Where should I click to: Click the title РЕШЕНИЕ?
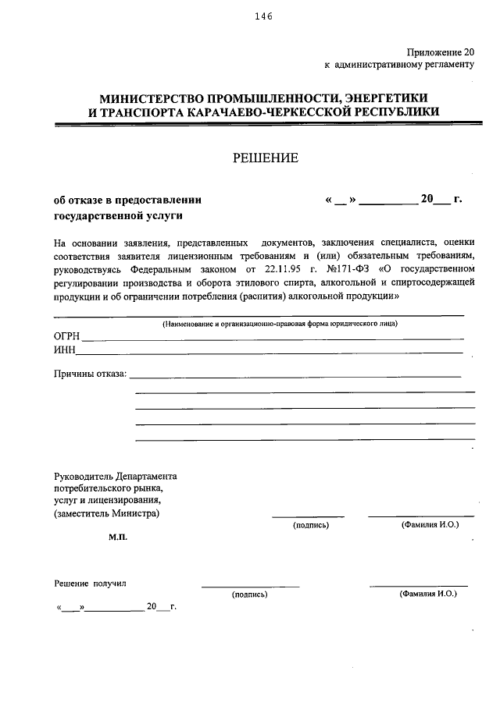pyautogui.click(x=265, y=158)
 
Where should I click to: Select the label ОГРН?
pyautogui.click(x=67, y=336)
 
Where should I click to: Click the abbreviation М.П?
pyautogui.click(x=119, y=537)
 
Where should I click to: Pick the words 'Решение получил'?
pyautogui.click(x=90, y=584)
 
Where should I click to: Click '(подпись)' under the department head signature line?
pyautogui.click(x=311, y=526)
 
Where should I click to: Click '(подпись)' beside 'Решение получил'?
pyautogui.click(x=249, y=594)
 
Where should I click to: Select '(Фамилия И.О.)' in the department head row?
pyautogui.click(x=429, y=525)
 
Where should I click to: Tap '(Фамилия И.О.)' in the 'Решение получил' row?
pyautogui.click(x=427, y=594)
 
